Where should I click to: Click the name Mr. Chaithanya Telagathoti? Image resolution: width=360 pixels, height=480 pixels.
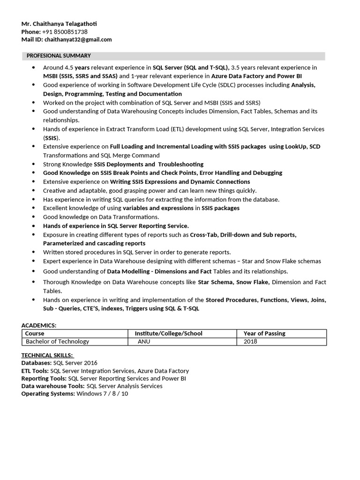(x=60, y=24)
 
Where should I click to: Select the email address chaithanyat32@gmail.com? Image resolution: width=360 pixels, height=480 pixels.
(x=78, y=40)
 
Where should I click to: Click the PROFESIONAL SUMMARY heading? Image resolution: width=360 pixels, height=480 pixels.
(x=59, y=56)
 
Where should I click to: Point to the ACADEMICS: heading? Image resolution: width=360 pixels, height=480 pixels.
(x=39, y=325)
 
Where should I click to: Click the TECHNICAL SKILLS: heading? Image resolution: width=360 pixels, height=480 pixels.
(x=47, y=355)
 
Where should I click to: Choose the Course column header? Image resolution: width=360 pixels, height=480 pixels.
(x=35, y=334)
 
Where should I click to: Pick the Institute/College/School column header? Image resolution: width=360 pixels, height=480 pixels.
(x=168, y=334)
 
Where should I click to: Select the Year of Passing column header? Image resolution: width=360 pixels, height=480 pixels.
(x=264, y=334)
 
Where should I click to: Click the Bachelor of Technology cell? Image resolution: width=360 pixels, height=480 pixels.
(x=57, y=342)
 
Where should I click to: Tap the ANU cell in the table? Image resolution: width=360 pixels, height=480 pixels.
(x=144, y=342)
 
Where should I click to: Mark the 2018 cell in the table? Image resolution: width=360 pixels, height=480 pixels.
(x=250, y=342)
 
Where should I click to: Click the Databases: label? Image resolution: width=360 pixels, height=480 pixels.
(x=37, y=363)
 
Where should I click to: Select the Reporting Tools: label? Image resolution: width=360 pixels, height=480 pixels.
(x=44, y=378)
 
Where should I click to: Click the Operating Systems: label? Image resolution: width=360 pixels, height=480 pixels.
(x=48, y=394)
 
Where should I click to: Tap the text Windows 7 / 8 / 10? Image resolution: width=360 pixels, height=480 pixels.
(x=102, y=394)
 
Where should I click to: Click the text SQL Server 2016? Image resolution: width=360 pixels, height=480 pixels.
(x=75, y=363)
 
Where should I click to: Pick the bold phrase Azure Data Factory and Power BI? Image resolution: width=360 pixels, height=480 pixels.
(x=256, y=76)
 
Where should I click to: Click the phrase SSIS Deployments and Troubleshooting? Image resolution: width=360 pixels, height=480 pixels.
(x=149, y=165)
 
